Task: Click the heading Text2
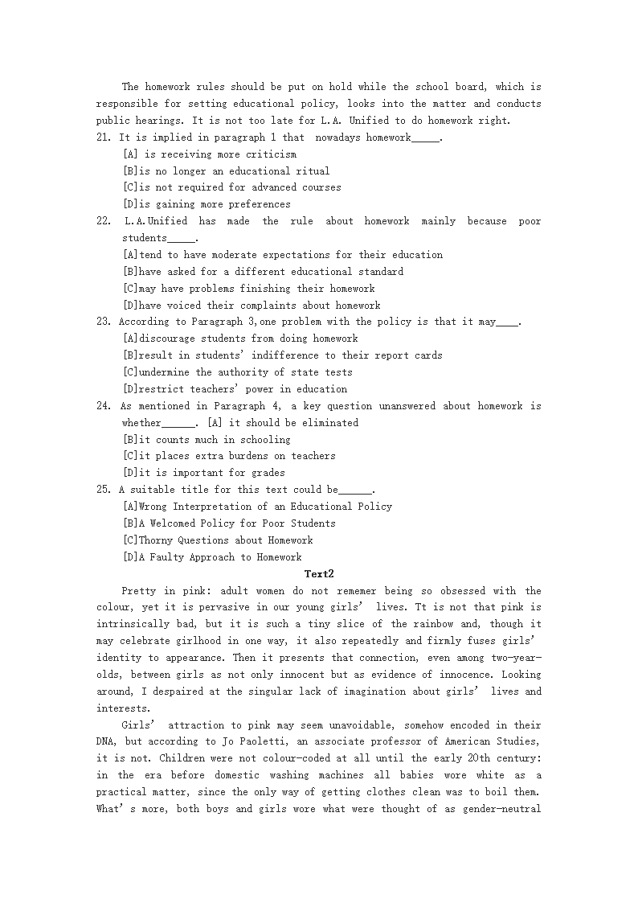tap(319, 573)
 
